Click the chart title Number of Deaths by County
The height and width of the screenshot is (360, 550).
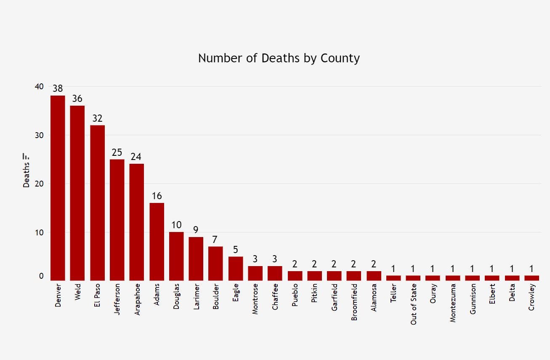coord(279,58)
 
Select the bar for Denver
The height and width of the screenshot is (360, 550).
coord(58,188)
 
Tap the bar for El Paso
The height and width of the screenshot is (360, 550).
coord(97,203)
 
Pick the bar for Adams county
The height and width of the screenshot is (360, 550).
coord(157,242)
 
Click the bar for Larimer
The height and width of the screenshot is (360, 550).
coord(196,259)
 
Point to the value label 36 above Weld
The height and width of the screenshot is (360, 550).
coord(77,99)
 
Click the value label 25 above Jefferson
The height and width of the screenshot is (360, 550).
coord(117,152)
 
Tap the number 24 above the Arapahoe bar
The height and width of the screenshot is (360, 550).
coord(136,157)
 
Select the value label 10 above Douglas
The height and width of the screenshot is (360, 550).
coord(176,225)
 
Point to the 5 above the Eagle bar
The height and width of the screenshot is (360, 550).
coord(235,250)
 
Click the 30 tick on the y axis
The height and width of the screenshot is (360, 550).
coord(39,135)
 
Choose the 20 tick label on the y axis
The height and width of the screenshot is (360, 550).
coord(39,184)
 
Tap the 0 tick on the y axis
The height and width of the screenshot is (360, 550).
coord(41,276)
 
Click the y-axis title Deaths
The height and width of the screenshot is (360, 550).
coord(27,175)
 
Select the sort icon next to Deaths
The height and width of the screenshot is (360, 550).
coord(26,156)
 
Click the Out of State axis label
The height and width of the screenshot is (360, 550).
coord(414,304)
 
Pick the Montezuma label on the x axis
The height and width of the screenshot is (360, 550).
coord(453,303)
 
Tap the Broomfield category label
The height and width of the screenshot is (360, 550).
coord(354,302)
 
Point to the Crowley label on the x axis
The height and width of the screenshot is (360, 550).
coord(532,297)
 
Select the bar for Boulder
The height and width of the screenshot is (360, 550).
coord(215,264)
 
